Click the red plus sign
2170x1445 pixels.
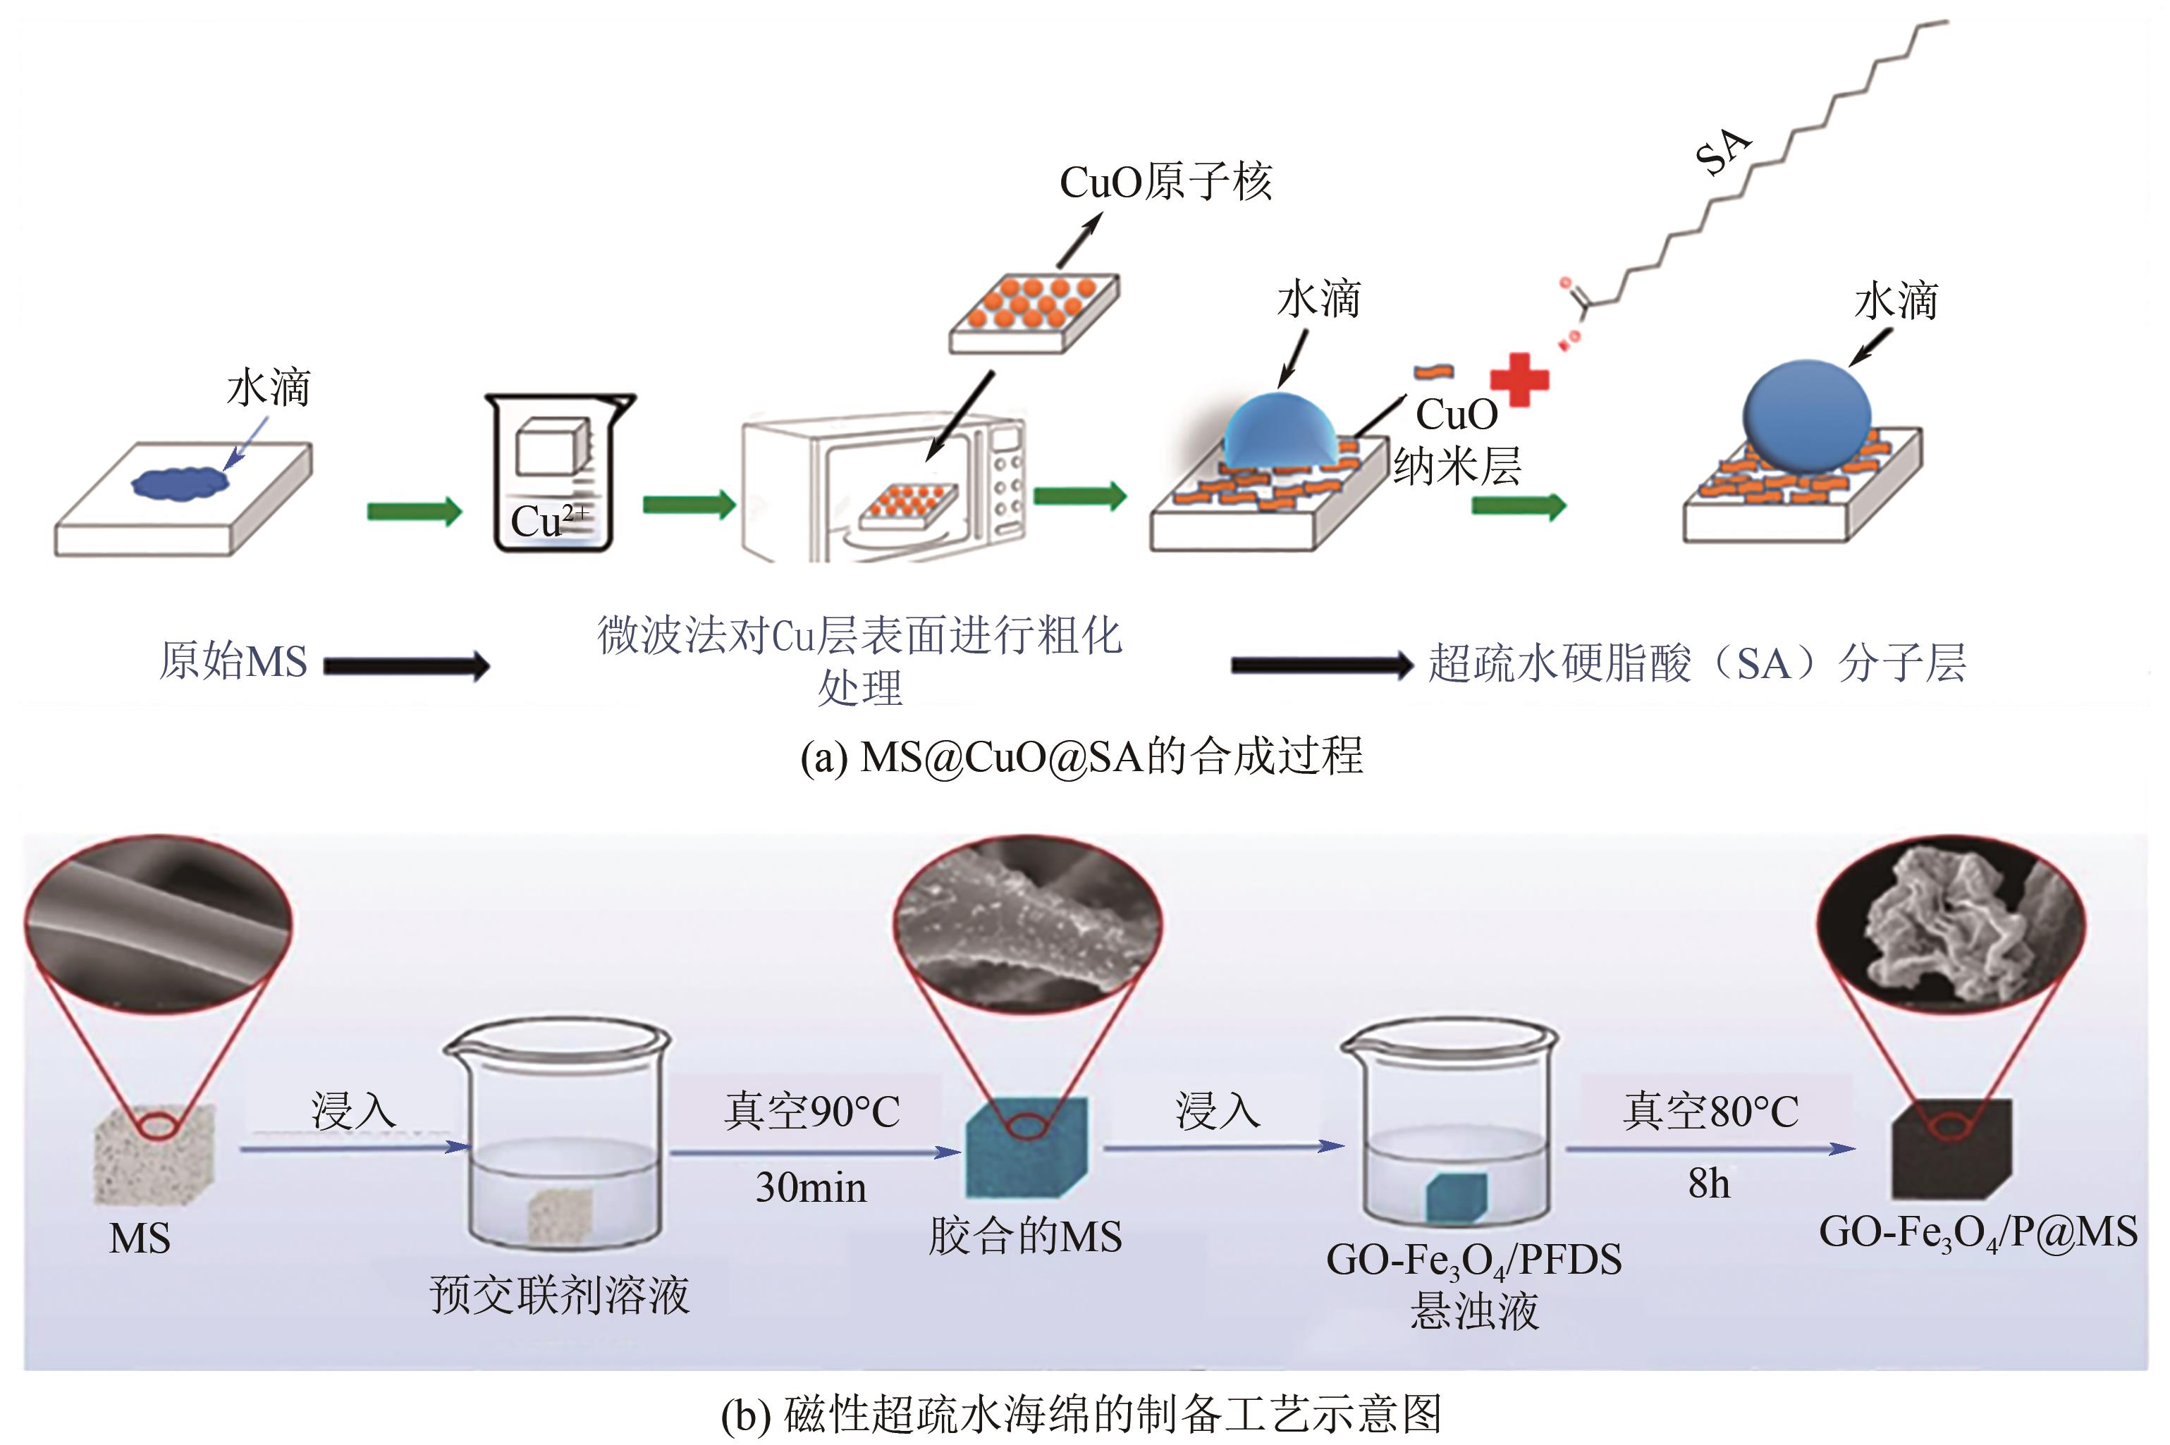[1519, 379]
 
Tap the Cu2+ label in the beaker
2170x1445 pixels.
[548, 521]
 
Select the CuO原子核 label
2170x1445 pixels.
[1165, 183]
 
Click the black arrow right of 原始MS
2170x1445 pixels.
[406, 665]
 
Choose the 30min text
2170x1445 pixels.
[811, 1188]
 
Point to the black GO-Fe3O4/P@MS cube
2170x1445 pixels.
[1951, 1148]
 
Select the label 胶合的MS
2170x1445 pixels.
[1024, 1237]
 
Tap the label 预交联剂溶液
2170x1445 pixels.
[559, 1296]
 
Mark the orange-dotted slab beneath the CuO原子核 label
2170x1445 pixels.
[1034, 312]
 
